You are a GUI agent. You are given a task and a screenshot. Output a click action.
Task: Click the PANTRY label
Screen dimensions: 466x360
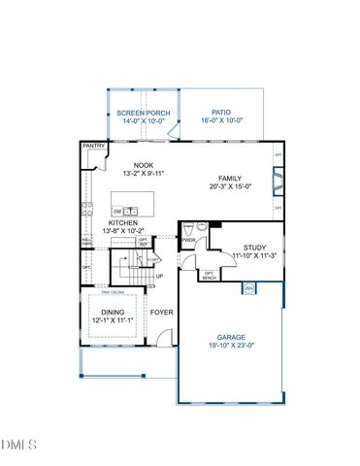tap(93, 147)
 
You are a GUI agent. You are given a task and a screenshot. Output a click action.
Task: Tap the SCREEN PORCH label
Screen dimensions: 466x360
tap(144, 114)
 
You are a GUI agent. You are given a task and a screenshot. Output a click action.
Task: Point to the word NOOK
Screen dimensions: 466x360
tap(145, 166)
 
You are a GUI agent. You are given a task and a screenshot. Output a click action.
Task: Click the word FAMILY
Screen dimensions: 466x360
tap(230, 179)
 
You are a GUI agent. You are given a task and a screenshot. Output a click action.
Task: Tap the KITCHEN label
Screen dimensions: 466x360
tap(122, 223)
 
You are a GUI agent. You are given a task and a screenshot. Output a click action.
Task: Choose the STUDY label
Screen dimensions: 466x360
tap(254, 248)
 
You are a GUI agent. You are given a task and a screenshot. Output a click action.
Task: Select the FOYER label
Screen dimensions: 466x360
tap(161, 312)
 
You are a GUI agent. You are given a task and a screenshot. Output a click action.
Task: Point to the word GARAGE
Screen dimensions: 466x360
tap(231, 337)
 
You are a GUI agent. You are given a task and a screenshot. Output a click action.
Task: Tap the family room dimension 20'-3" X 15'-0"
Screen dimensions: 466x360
tap(230, 187)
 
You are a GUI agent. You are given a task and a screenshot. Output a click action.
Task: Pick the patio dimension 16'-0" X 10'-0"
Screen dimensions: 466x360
tap(222, 121)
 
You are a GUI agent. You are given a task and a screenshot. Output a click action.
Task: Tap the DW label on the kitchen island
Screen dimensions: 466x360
tap(116, 210)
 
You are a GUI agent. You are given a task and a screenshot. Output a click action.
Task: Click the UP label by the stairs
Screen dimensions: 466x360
tap(159, 277)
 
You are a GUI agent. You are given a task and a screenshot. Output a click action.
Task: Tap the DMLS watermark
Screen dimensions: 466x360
tap(19, 445)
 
